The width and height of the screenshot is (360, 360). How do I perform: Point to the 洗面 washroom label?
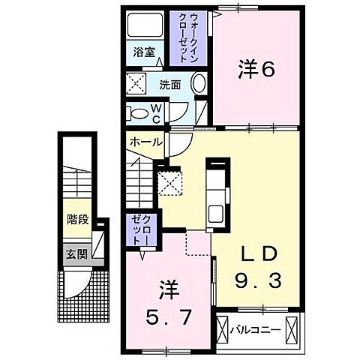click(x=169, y=85)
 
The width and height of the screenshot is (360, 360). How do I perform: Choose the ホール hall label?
click(x=145, y=142)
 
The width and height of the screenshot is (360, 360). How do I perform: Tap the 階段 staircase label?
click(x=76, y=221)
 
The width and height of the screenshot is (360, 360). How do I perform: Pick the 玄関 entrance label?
click(x=76, y=253)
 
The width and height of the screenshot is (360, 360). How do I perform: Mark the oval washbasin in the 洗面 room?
click(x=199, y=85)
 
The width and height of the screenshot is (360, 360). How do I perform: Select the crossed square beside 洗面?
click(x=136, y=84)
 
